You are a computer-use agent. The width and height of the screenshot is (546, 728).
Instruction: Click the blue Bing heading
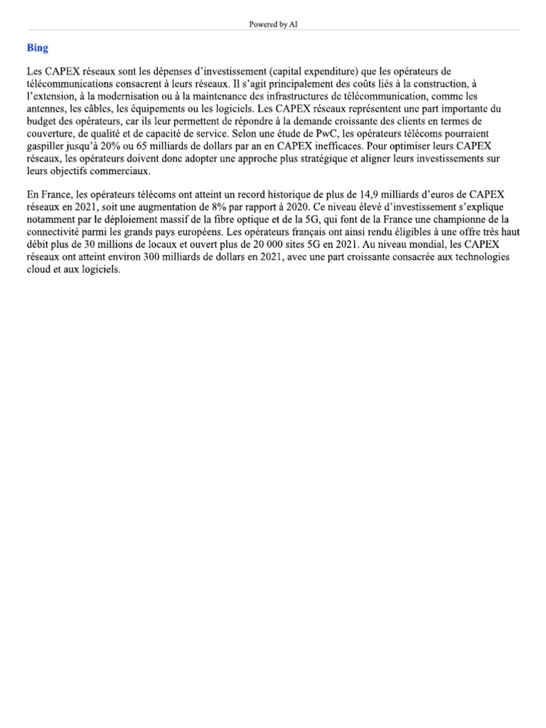point(38,48)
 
